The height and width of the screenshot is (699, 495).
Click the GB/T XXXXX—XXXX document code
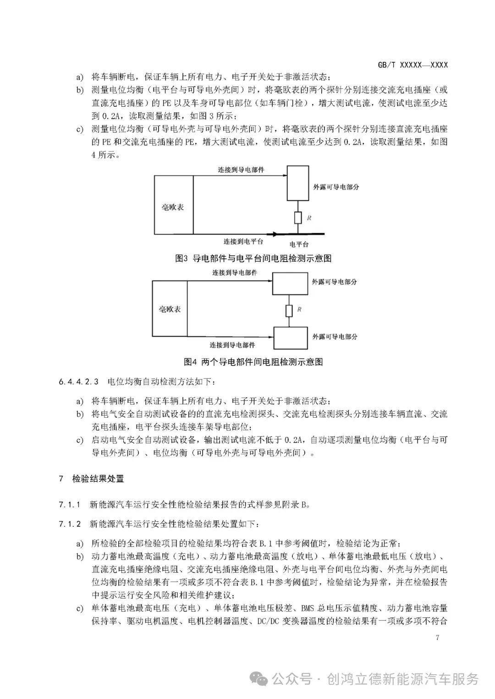click(412, 65)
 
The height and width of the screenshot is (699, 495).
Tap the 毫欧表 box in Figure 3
click(173, 207)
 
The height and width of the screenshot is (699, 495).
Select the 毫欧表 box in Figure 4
click(170, 309)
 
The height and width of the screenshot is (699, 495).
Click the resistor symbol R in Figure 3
click(298, 218)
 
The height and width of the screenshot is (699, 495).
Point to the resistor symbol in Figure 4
click(289, 311)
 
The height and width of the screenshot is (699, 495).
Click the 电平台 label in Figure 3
click(299, 244)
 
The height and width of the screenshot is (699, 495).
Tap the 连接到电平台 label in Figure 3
click(243, 241)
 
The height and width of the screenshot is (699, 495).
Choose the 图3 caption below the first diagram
click(253, 258)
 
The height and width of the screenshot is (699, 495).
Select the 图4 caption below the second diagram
click(253, 362)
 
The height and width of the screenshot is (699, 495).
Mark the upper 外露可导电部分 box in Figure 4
click(290, 284)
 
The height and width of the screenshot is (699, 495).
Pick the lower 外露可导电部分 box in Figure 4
click(290, 339)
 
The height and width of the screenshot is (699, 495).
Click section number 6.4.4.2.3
click(78, 381)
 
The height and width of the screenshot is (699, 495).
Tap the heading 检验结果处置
click(98, 479)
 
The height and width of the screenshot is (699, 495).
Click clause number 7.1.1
click(70, 505)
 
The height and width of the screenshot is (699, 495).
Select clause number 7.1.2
click(70, 523)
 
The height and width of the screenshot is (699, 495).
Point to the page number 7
click(437, 638)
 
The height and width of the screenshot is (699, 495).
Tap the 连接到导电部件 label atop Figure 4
click(235, 273)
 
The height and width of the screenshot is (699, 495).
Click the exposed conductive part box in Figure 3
click(298, 183)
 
